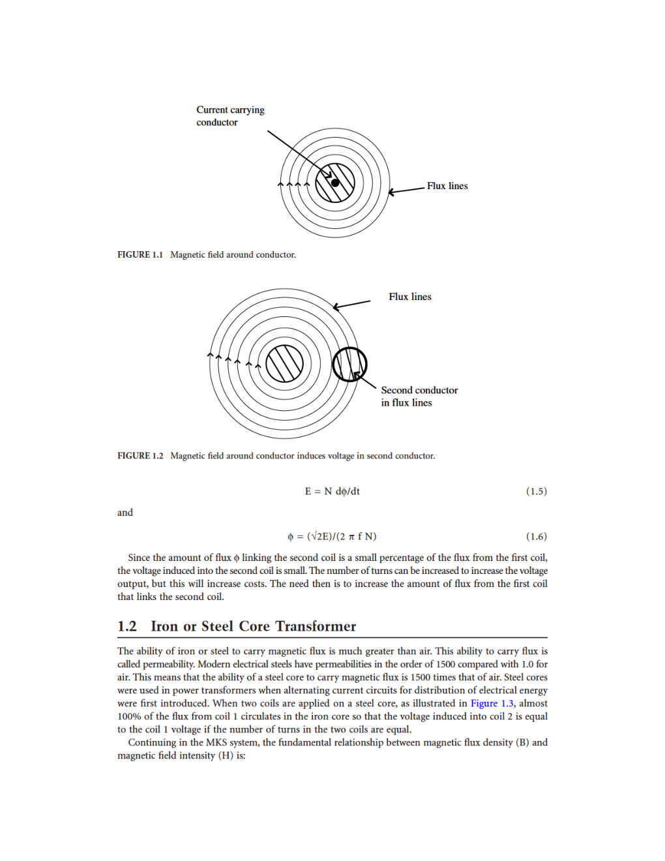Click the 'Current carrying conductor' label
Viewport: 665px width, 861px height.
click(x=230, y=116)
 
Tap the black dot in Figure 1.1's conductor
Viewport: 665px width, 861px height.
click(x=335, y=183)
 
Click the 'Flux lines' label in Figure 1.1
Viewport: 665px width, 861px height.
click(x=447, y=186)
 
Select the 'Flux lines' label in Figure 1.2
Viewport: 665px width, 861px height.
click(x=410, y=297)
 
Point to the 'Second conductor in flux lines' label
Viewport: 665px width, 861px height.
click(x=419, y=397)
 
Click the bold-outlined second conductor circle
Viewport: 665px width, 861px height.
click(x=349, y=364)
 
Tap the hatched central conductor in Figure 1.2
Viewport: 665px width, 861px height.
click(x=285, y=363)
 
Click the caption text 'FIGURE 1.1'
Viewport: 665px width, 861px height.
click(x=140, y=255)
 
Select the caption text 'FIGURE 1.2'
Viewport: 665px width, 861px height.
click(x=140, y=456)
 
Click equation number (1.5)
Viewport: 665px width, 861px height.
click(x=536, y=491)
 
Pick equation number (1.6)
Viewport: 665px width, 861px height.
click(x=536, y=536)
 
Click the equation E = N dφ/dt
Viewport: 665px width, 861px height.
click(x=332, y=491)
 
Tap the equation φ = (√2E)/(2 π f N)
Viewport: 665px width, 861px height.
click(x=332, y=536)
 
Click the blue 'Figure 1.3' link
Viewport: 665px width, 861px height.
click(x=492, y=703)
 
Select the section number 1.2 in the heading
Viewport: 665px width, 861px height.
click(x=127, y=626)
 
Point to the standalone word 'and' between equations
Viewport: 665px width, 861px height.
click(x=125, y=513)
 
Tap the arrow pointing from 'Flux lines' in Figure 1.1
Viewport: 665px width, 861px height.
click(x=407, y=190)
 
